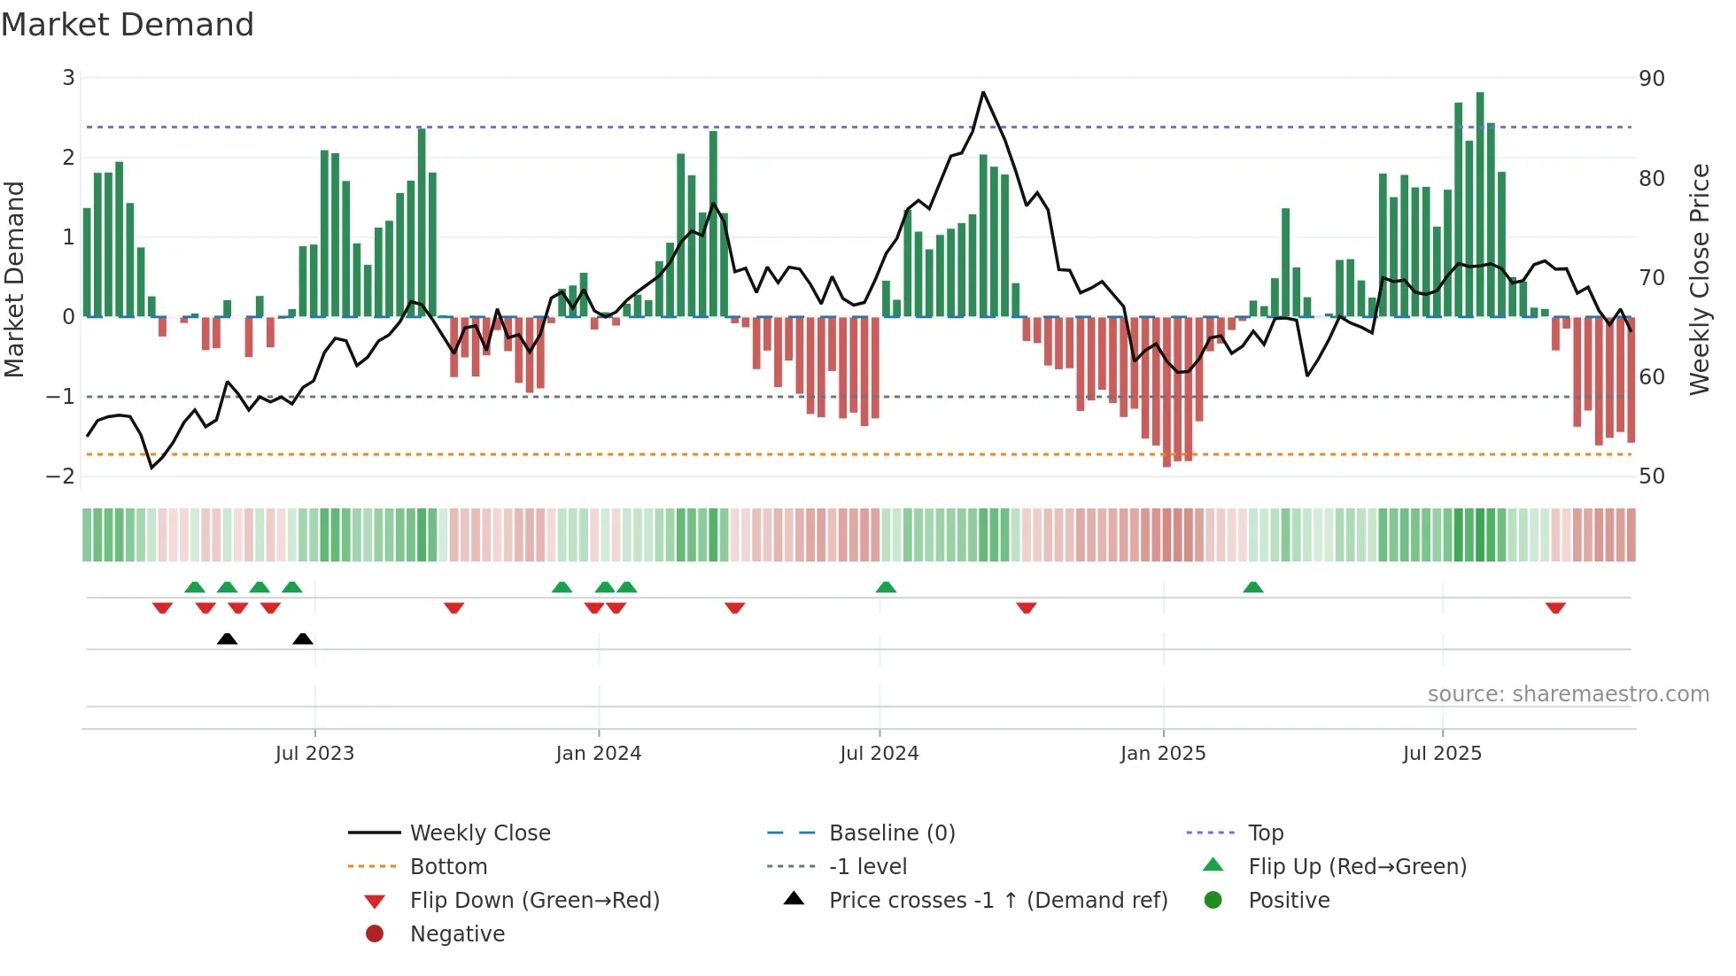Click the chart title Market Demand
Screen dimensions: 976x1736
(128, 25)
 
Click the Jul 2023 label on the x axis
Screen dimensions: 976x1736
(314, 754)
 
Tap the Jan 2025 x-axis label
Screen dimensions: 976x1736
(1163, 754)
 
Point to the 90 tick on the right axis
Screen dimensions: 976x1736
(1652, 79)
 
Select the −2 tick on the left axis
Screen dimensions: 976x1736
(60, 476)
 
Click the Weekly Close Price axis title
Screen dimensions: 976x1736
(1699, 279)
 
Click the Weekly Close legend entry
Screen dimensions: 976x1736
(480, 833)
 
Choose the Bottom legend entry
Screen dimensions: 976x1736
(448, 867)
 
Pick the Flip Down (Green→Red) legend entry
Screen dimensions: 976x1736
(534, 901)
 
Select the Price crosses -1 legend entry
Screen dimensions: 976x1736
(998, 901)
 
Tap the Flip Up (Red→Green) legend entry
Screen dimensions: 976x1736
(1357, 867)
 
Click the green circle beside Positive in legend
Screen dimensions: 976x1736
(1213, 901)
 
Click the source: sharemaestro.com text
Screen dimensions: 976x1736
(1568, 694)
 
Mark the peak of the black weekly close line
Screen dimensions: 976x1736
(983, 92)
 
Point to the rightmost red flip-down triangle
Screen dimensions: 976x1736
(1555, 608)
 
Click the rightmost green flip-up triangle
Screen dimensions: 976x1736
(1252, 587)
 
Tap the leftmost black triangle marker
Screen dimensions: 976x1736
(227, 639)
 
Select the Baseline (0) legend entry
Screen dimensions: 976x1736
(892, 833)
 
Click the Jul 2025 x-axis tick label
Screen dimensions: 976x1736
(1442, 754)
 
